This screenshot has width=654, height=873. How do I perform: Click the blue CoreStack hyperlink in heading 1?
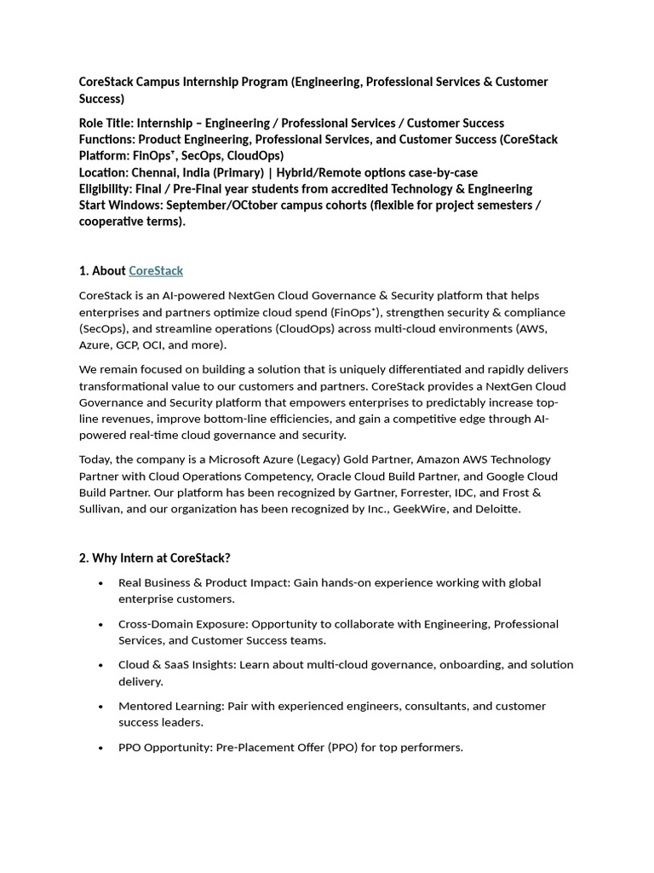pos(156,270)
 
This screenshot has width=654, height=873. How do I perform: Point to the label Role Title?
pos(106,123)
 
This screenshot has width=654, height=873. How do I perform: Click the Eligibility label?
pos(106,188)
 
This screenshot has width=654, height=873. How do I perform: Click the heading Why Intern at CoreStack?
pos(155,558)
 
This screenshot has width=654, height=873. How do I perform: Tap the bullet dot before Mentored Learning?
pos(101,707)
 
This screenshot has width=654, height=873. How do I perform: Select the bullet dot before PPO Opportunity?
pos(101,748)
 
